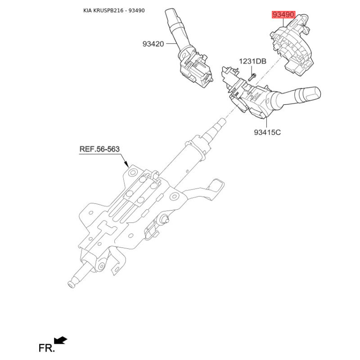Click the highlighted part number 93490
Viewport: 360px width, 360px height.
283,15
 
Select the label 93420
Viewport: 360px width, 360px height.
153,44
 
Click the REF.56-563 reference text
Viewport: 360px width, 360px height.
100,149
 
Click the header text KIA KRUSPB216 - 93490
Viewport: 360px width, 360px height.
114,10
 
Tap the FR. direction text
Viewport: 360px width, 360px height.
46,348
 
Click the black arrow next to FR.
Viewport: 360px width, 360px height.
61,340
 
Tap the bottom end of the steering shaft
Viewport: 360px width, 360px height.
71,284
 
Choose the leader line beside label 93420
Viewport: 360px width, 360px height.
171,44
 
